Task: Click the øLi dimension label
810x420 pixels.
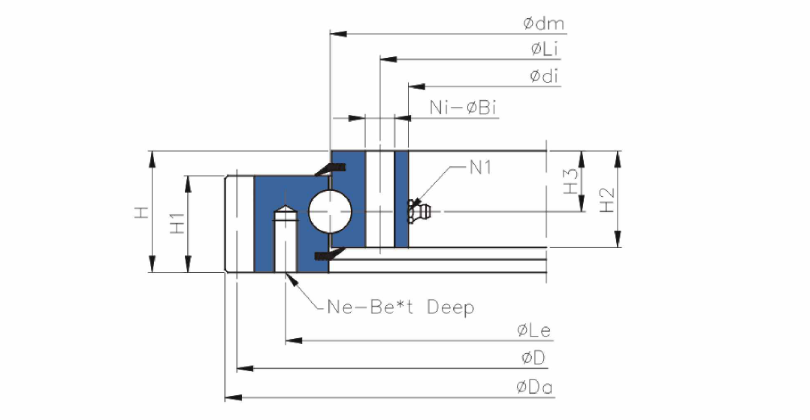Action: tap(545, 49)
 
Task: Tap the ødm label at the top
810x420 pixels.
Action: tap(543, 23)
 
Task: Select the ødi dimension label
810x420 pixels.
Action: tap(544, 76)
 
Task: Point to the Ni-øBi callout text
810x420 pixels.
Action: tap(463, 107)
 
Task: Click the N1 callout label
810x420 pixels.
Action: tap(480, 167)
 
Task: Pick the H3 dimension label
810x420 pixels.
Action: tap(570, 181)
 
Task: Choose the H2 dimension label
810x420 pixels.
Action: tap(606, 199)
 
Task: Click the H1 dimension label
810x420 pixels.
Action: tap(177, 222)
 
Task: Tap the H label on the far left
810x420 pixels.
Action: tap(141, 212)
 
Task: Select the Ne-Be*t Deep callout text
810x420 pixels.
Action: tap(401, 307)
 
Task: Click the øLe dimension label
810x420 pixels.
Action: tap(534, 330)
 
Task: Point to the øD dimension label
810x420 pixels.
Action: tap(533, 358)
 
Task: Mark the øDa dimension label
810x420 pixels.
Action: tap(534, 386)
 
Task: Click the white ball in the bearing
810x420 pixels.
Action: tap(330, 211)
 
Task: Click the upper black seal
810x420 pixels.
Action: tap(330, 168)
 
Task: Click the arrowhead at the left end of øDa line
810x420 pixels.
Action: tap(233, 397)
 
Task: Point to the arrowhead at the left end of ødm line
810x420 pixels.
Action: tap(338, 34)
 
